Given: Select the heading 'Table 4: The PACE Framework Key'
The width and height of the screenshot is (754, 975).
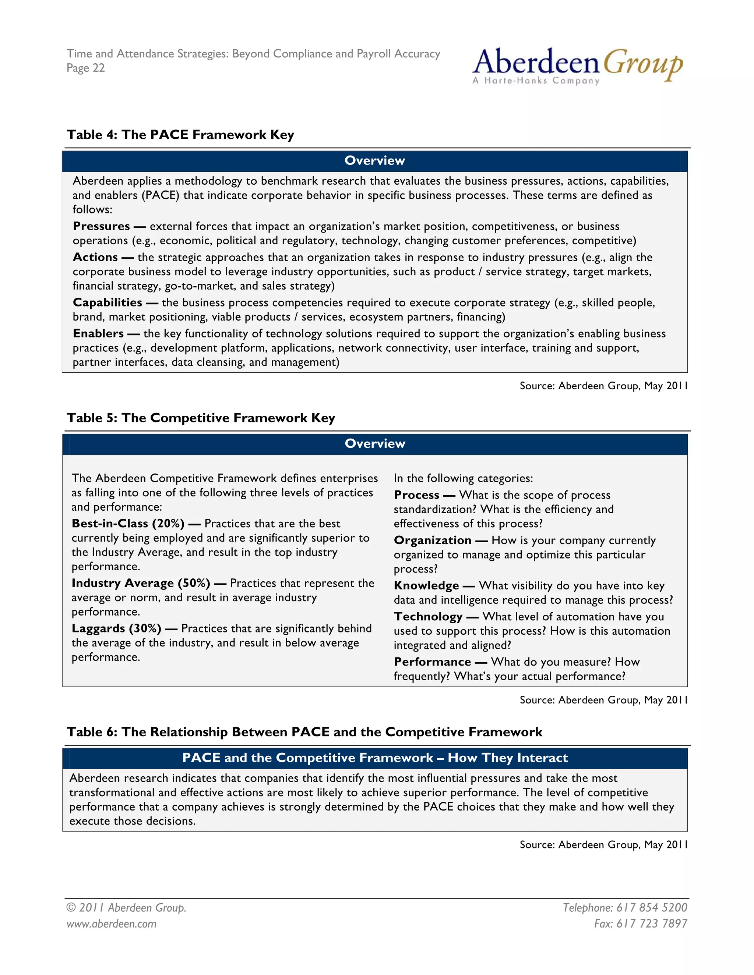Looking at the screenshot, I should [x=180, y=134].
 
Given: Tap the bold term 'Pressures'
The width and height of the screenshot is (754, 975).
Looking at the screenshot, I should [x=101, y=226].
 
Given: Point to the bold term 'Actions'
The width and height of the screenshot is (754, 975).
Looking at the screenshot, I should [x=95, y=257].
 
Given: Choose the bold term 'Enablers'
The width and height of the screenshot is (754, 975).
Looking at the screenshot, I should [x=98, y=333].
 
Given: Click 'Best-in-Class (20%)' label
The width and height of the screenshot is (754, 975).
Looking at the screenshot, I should [x=128, y=523].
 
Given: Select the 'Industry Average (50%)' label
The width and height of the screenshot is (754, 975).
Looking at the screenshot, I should [x=141, y=583].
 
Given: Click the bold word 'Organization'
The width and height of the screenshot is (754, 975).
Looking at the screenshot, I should [x=432, y=540].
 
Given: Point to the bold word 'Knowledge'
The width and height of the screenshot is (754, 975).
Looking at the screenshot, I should [x=426, y=585].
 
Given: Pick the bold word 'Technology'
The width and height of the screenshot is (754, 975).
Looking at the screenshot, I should [x=428, y=617].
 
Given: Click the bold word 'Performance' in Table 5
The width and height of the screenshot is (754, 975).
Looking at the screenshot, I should [x=432, y=662].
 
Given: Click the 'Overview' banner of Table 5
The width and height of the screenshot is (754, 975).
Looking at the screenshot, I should [x=375, y=443].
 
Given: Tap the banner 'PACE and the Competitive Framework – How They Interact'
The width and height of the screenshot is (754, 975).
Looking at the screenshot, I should [x=375, y=758].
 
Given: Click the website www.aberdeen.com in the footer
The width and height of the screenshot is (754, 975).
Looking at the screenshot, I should [x=112, y=923].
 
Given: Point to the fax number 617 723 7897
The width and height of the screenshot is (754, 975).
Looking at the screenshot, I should [x=651, y=923].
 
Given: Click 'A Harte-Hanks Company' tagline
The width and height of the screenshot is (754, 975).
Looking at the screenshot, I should [x=536, y=81].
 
